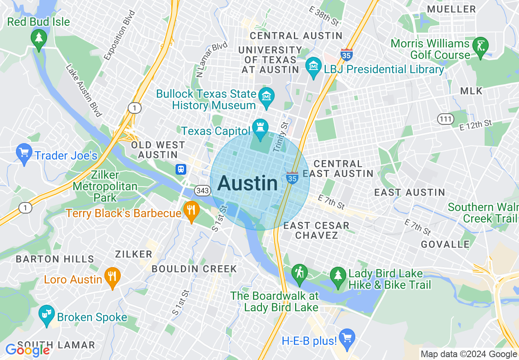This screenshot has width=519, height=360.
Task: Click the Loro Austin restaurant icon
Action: (112, 276)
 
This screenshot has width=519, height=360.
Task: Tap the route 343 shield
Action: (203, 190)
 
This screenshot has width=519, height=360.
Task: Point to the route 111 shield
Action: (445, 119)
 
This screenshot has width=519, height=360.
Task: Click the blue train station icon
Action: (181, 169)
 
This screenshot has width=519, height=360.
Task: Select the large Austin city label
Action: (248, 183)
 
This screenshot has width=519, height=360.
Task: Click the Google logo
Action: (27, 350)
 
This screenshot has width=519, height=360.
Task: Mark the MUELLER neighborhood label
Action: (451, 9)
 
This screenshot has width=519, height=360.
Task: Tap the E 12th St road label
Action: (476, 124)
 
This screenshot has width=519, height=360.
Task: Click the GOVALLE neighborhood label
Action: (445, 244)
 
